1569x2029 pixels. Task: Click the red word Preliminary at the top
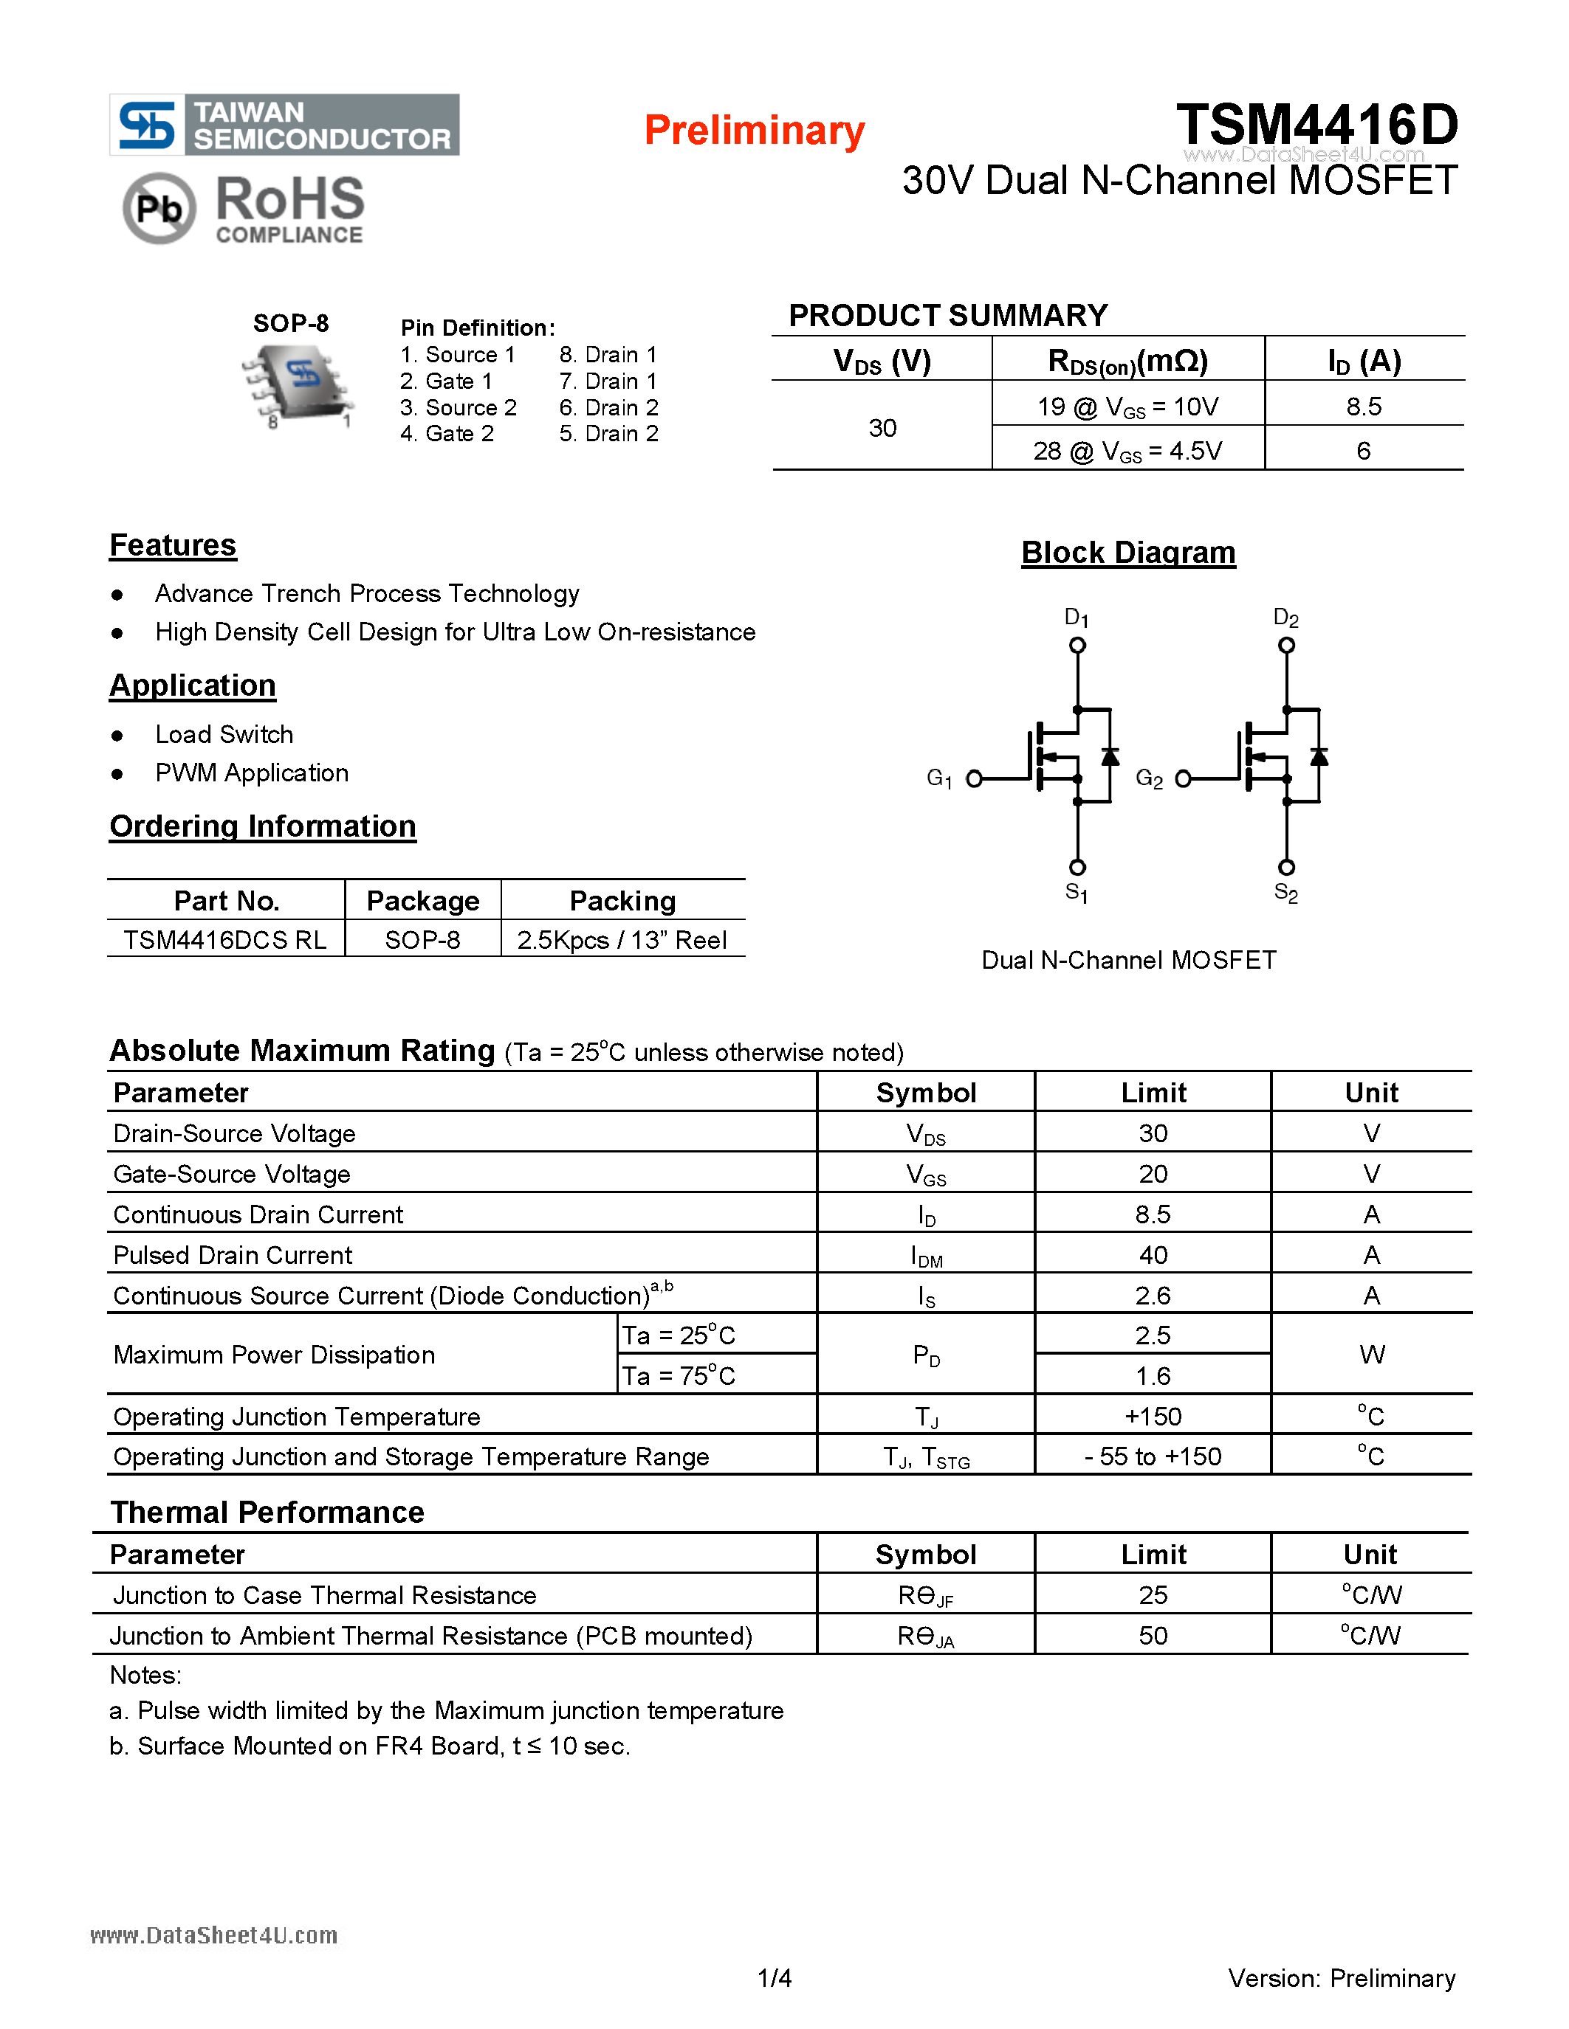pos(754,130)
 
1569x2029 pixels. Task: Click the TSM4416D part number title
pos(1316,125)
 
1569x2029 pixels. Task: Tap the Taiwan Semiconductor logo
pos(284,125)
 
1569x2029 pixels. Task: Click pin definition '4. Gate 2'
pos(447,434)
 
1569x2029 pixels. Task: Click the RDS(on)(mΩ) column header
pos(1127,361)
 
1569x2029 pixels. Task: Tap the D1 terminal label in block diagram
pos(1077,618)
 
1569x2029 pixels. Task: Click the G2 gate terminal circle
pos(1184,778)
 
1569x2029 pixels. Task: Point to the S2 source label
pos(1285,893)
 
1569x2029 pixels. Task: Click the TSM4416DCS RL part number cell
pos(225,940)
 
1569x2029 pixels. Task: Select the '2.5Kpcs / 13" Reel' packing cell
pos(622,940)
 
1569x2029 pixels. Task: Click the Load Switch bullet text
pos(224,735)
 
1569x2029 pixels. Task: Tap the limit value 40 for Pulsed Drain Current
pos(1153,1255)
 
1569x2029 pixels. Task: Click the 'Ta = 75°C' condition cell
pos(679,1376)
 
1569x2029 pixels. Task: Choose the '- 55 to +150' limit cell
pos(1153,1456)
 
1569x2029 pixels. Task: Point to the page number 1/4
pos(775,1978)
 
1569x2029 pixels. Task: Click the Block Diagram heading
pos(1127,553)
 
